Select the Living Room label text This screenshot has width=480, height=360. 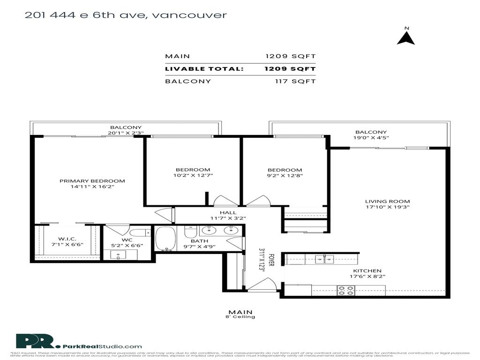(x=387, y=202)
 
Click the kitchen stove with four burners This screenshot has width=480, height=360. (x=346, y=290)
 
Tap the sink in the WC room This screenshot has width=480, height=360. (x=117, y=255)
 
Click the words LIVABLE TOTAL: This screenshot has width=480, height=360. (x=204, y=69)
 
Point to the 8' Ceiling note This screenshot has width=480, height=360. (x=240, y=317)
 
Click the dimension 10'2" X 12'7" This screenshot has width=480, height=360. (x=193, y=176)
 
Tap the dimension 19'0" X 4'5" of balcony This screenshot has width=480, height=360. (x=371, y=138)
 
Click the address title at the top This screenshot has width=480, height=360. (x=126, y=15)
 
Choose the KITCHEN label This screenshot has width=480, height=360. (x=367, y=270)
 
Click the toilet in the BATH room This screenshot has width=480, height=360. (x=190, y=232)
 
